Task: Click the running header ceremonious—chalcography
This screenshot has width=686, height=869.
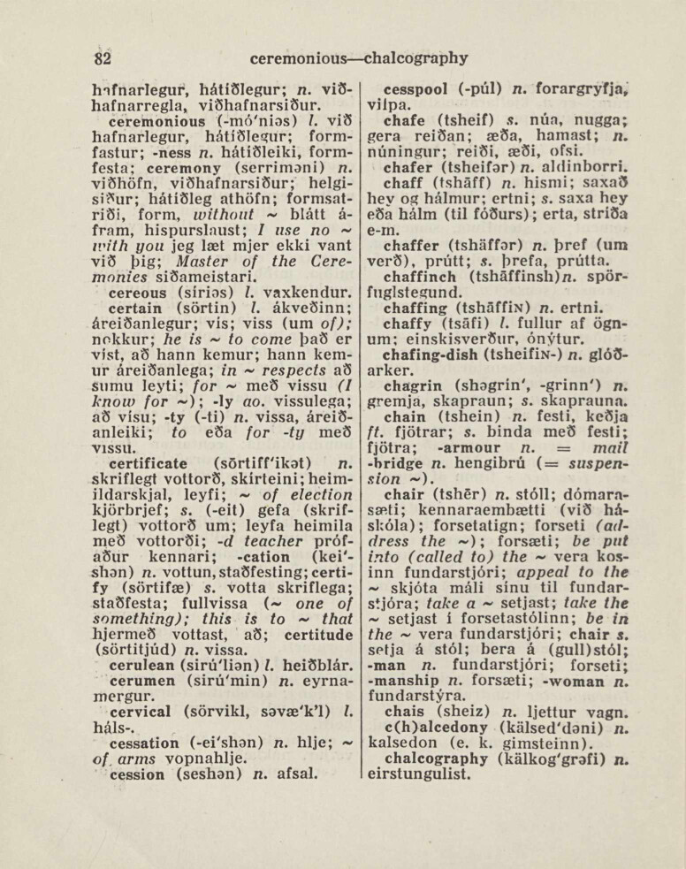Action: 358,59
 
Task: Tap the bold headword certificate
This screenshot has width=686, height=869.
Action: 148,462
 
